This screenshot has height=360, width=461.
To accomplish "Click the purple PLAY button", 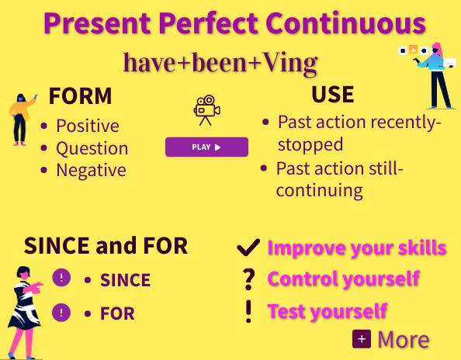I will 206,147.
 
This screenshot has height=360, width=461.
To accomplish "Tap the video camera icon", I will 206,110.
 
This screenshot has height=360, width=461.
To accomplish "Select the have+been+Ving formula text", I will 220,61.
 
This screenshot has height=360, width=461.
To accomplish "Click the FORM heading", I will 80,97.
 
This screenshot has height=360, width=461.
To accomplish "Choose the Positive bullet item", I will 87,126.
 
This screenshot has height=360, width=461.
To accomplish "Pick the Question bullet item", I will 92,147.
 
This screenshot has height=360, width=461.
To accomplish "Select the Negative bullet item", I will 91,169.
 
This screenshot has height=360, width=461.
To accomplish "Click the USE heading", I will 332,95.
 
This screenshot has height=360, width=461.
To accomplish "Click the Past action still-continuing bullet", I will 340,178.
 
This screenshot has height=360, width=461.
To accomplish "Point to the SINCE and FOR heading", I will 106,246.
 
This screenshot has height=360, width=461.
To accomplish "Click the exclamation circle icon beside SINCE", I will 61,278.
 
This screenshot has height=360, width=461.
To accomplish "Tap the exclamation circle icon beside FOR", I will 61,313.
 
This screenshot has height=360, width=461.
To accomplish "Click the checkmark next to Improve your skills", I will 248,247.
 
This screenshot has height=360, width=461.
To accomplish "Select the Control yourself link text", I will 343,278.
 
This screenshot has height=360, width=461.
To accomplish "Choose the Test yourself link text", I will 327,312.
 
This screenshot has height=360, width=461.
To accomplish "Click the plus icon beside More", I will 361,339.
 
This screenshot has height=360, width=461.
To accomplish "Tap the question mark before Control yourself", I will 248,279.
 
